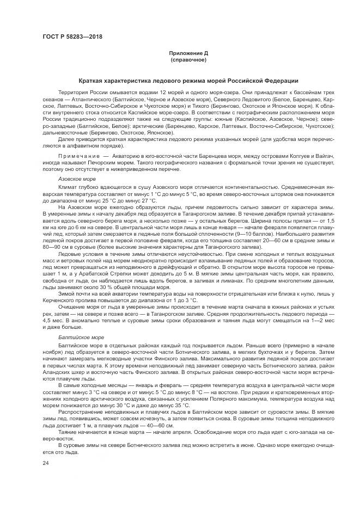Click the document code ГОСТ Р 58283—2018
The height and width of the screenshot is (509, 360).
72,37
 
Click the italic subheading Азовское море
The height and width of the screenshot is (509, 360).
77,179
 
